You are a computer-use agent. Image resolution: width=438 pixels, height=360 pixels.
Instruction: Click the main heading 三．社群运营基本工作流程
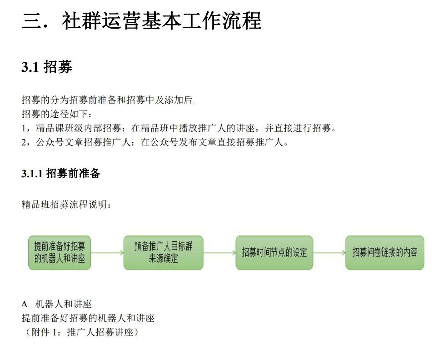(x=142, y=21)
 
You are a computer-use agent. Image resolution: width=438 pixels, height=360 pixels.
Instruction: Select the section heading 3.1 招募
(x=47, y=67)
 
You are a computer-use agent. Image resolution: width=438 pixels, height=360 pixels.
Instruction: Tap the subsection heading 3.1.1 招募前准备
(x=60, y=174)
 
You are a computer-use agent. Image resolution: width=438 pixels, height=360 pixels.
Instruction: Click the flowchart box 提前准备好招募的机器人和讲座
(x=60, y=253)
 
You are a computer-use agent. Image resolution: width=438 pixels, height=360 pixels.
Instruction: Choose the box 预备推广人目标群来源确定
(x=164, y=253)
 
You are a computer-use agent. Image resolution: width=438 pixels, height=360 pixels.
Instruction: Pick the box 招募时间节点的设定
(x=274, y=253)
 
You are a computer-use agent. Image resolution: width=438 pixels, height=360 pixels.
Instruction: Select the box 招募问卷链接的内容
(x=385, y=253)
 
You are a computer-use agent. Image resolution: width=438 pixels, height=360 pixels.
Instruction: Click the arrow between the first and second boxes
(x=107, y=253)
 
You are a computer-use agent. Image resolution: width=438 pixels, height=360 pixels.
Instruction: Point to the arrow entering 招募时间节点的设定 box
(x=219, y=253)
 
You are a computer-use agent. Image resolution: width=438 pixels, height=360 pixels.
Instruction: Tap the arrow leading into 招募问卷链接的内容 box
(x=329, y=253)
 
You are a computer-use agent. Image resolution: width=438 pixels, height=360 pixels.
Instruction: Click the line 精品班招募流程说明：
(x=66, y=205)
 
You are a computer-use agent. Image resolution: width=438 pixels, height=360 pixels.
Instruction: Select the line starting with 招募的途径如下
(x=57, y=114)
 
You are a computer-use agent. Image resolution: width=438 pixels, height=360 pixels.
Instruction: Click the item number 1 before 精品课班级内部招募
(x=24, y=129)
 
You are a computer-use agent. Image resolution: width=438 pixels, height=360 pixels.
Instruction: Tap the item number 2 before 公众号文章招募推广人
(x=24, y=143)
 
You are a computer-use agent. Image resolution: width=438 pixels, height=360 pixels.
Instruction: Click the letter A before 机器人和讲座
(x=25, y=304)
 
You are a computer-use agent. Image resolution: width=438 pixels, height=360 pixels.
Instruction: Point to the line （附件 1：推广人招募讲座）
(x=80, y=332)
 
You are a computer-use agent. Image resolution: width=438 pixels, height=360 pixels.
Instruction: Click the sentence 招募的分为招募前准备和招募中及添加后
(x=109, y=100)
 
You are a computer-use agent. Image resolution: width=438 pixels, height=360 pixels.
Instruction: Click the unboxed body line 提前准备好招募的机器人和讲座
(x=88, y=318)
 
